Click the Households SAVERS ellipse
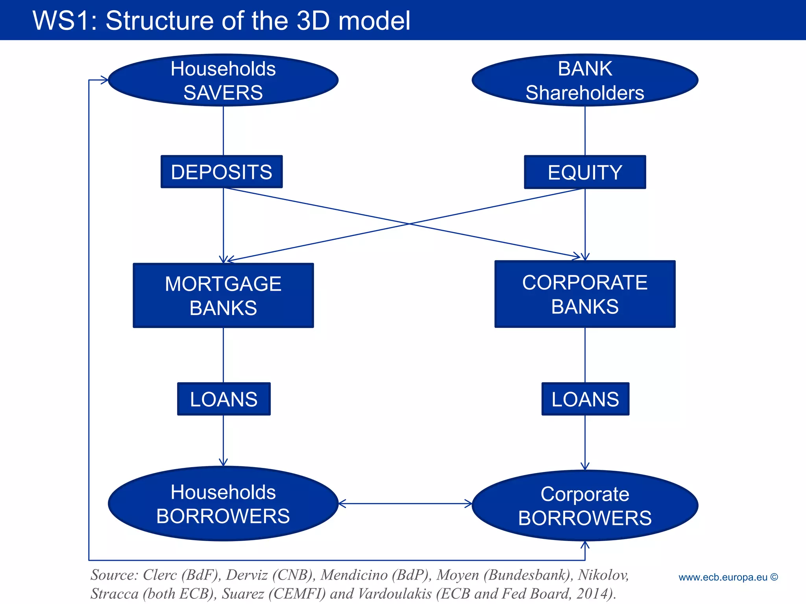223,80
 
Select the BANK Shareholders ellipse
585,80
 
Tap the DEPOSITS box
222,172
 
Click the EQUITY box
585,172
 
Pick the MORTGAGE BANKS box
223,295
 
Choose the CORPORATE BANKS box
585,294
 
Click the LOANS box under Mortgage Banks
224,399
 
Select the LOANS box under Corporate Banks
585,399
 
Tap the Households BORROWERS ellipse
223,504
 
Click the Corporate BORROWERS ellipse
585,506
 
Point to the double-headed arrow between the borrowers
405,503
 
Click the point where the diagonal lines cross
409,224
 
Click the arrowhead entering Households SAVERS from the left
105,80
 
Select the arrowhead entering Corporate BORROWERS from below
585,545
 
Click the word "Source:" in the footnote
115,575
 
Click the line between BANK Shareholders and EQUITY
585,131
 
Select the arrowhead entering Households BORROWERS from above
224,462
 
